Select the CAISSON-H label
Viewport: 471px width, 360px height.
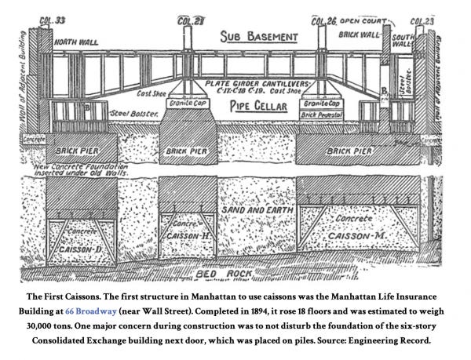coord(185,235)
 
